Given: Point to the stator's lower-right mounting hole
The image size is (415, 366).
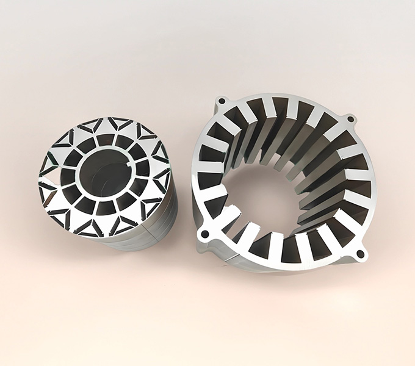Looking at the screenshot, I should pos(360,253).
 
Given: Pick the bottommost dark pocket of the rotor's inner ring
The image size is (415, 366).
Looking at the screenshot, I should pos(105,207).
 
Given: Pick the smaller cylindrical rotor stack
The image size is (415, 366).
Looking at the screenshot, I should pos(104,183).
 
